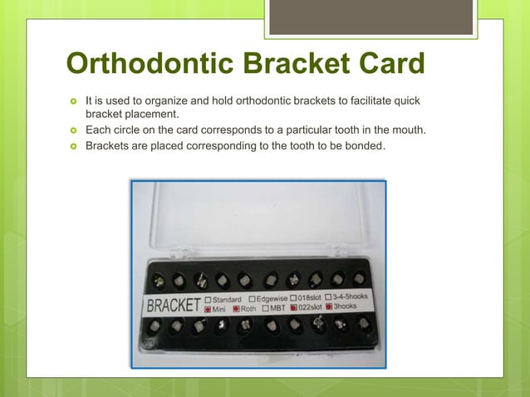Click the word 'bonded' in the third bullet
366,146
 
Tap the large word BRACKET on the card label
174,305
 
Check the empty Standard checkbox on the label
208,299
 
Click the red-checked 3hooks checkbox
328,306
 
